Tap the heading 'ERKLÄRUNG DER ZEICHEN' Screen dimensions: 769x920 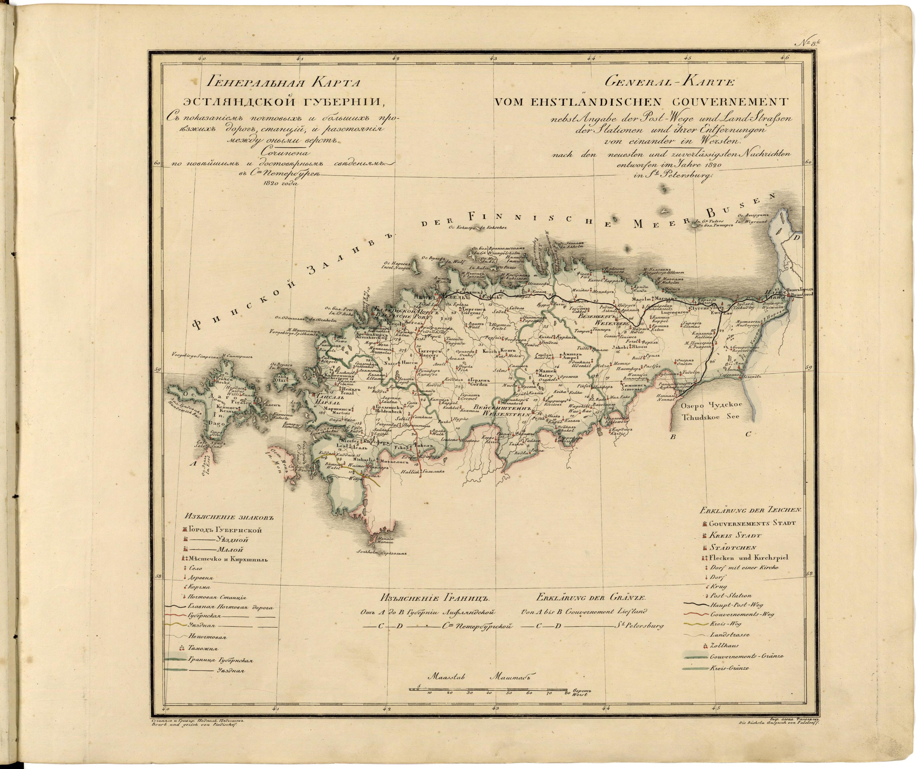point(751,510)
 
